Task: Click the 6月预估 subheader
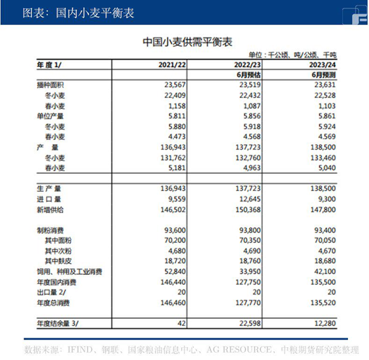(x=248, y=74)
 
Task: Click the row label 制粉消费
(x=49, y=230)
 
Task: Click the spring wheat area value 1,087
(x=251, y=106)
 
